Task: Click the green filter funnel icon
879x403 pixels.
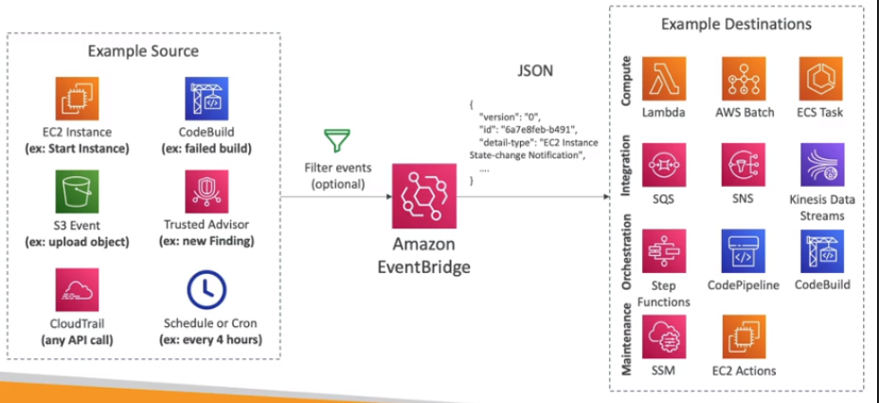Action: coord(335,143)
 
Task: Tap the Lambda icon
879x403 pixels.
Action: coord(664,79)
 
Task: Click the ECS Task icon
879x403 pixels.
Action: coord(821,79)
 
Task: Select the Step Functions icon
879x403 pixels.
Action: coord(664,251)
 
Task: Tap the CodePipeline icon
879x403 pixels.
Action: coord(744,251)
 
